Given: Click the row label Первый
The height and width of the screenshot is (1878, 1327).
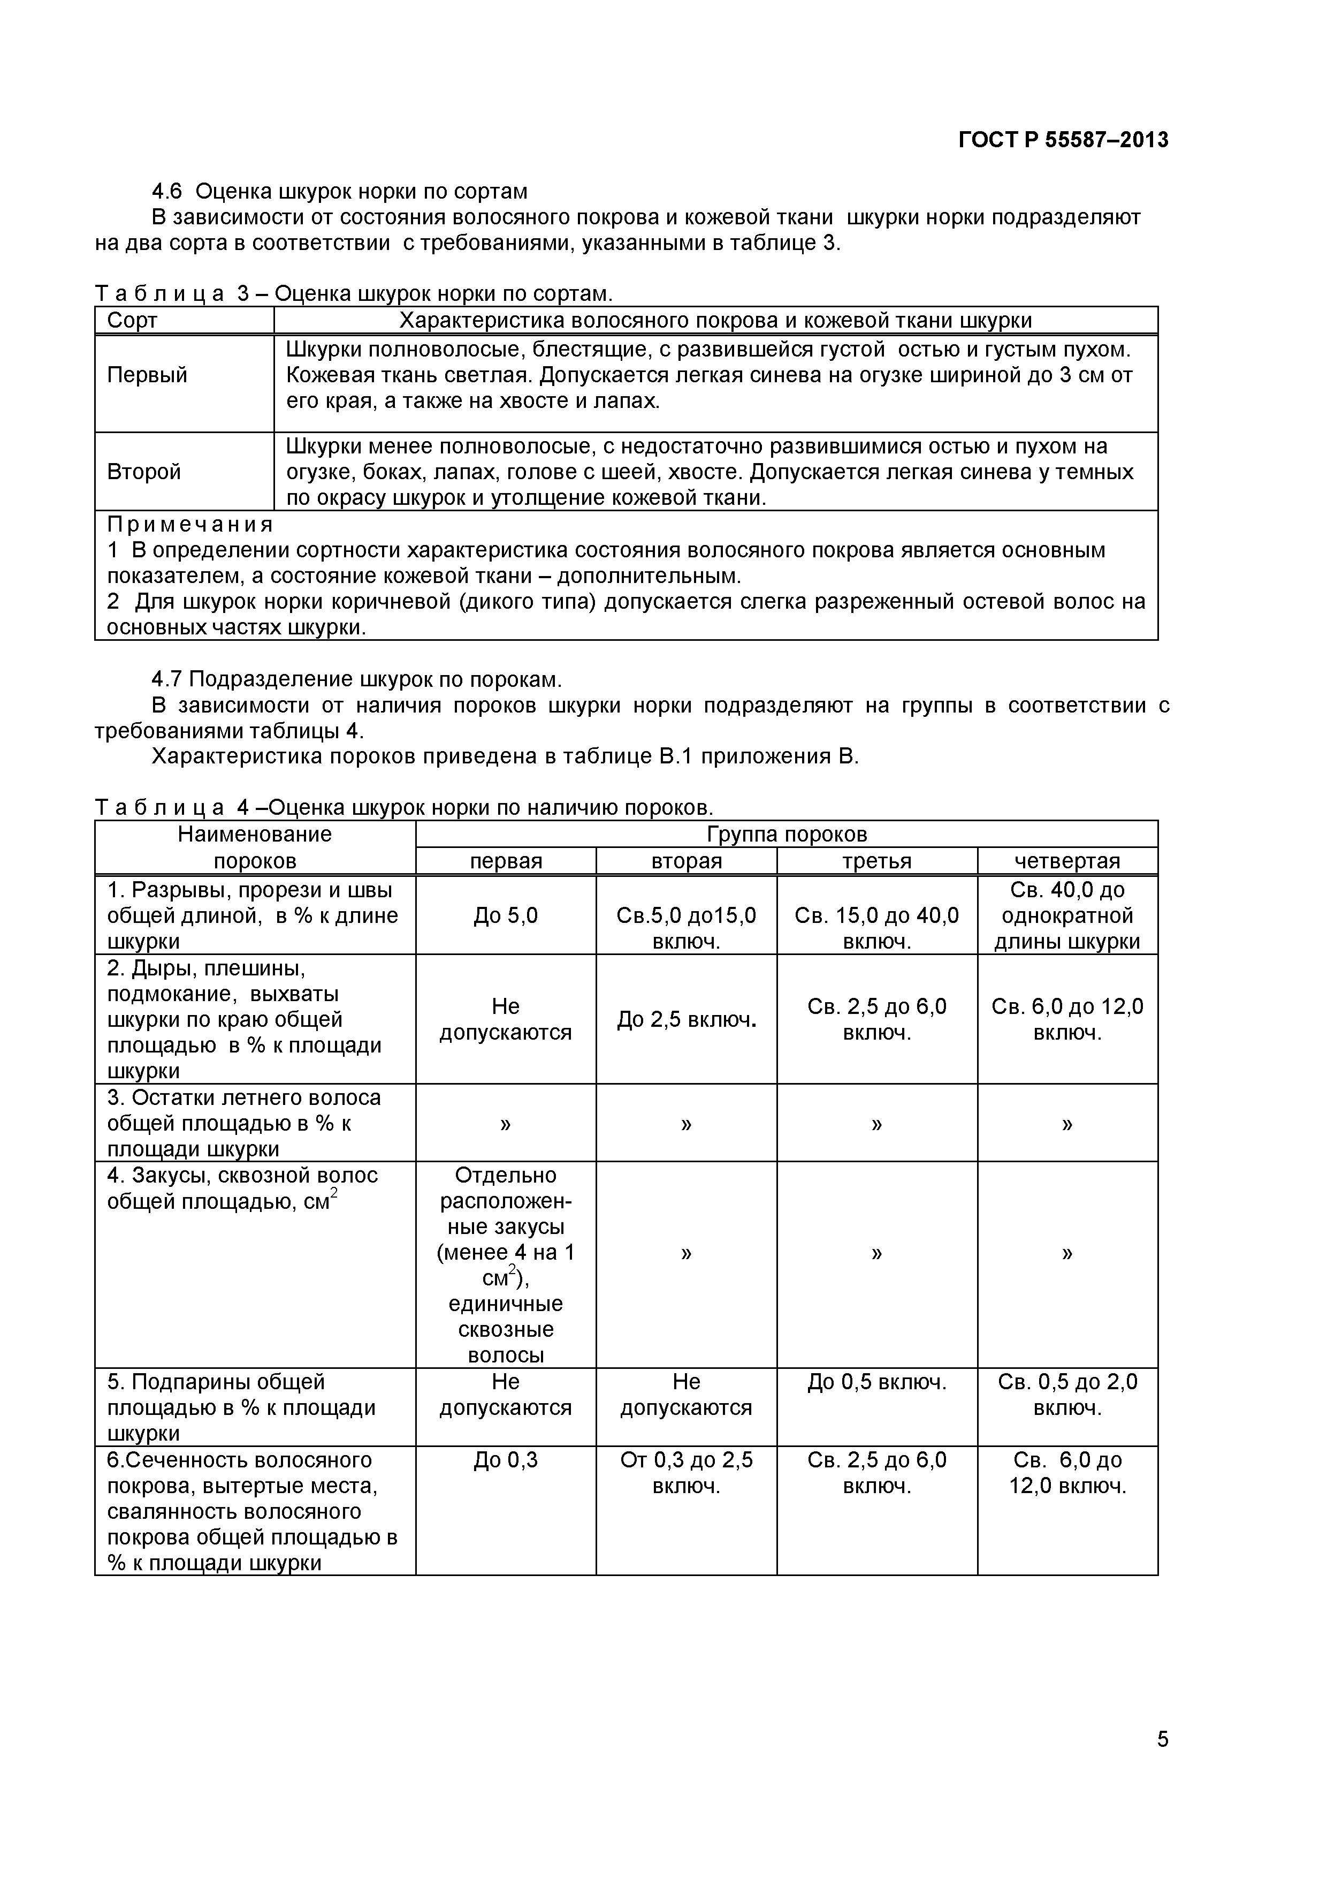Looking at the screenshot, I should pos(147,375).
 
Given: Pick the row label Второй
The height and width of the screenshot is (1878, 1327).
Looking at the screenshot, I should pos(144,472).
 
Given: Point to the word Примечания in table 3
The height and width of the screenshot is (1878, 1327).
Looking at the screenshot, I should pos(190,524).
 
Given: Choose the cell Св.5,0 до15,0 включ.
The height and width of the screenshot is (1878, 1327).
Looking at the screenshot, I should pos(686,928).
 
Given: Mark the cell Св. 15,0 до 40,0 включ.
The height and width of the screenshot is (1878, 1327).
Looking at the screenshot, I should pos(876,928).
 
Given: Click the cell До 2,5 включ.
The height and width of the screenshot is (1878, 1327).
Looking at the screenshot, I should pos(686,1020).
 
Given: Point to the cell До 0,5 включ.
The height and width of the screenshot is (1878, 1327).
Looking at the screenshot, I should pos(876,1382).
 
